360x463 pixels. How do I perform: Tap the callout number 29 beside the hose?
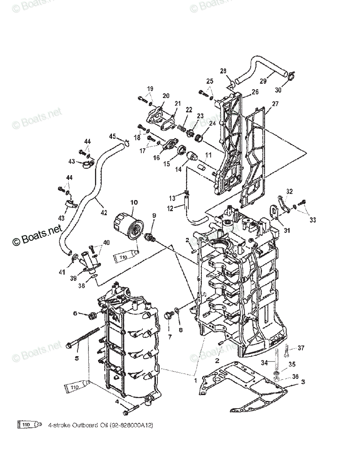click(263, 81)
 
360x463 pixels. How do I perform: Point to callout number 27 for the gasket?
click(275, 103)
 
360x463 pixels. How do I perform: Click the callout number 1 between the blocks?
click(195, 380)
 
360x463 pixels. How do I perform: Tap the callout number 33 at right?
click(312, 220)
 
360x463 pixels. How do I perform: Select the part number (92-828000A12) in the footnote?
click(131, 425)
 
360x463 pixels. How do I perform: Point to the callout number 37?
click(301, 348)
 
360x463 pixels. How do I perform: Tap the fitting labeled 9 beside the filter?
click(150, 237)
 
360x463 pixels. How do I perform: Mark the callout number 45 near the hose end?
click(112, 136)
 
